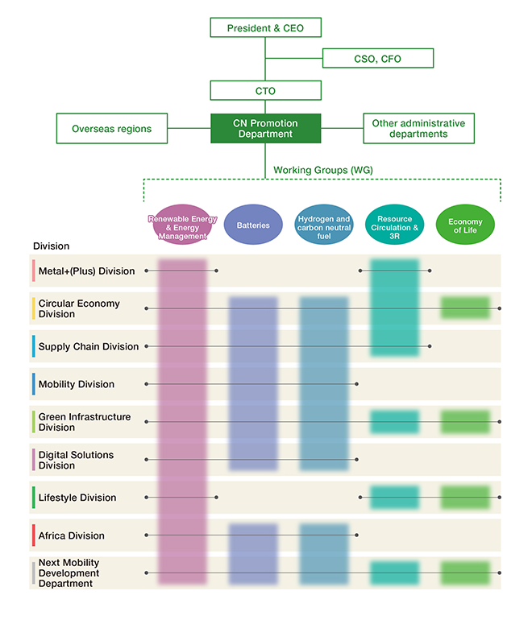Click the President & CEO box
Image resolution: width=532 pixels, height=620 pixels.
[266, 27]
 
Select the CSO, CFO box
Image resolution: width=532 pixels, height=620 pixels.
[378, 59]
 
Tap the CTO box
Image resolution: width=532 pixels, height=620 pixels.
[266, 90]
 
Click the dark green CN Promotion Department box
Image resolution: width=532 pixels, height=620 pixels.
[266, 129]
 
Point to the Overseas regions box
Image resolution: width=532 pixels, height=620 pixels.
[112, 129]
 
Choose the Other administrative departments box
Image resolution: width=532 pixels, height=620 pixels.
[419, 129]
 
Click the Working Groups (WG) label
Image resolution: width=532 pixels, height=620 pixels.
[323, 170]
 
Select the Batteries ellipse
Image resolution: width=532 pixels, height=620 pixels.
[253, 225]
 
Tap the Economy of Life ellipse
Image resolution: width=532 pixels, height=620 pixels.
[465, 225]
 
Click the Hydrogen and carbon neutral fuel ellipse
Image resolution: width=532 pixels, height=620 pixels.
[324, 225]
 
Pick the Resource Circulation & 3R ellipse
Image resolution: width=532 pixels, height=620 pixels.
[395, 225]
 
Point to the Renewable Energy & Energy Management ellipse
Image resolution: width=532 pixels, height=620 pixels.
[182, 225]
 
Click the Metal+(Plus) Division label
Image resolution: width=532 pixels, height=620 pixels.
[87, 271]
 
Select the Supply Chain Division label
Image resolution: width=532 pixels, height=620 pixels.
[89, 347]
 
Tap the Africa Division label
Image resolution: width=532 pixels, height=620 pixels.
[72, 535]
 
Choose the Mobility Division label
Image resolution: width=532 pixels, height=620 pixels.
[77, 384]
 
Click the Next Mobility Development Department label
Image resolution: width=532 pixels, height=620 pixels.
[69, 573]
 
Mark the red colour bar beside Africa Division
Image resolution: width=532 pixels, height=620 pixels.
[34, 535]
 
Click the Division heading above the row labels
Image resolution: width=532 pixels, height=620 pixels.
[51, 246]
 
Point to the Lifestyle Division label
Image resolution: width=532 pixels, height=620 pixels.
[77, 498]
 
